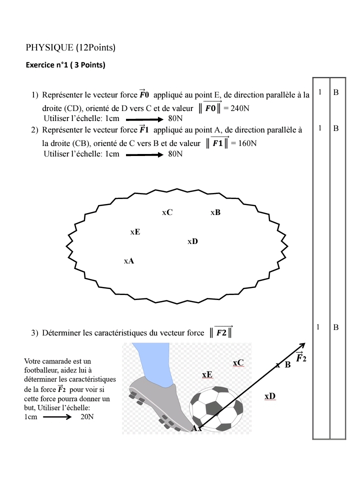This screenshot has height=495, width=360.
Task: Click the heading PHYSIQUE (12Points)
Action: tap(70, 48)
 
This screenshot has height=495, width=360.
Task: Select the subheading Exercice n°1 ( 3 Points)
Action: tap(65, 65)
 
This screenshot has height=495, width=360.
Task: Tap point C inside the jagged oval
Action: tap(167, 212)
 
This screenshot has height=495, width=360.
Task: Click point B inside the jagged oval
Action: tap(215, 212)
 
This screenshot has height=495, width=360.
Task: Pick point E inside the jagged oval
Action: tap(135, 232)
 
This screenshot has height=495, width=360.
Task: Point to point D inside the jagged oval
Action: tap(192, 241)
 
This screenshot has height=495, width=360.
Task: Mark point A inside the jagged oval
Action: tap(128, 261)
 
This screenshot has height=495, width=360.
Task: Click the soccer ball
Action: tap(217, 407)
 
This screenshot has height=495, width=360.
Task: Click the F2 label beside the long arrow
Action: tap(300, 358)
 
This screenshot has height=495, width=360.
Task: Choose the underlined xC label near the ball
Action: tap(238, 362)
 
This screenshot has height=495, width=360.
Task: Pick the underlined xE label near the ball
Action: tap(207, 374)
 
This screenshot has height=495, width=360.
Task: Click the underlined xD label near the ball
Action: tap(269, 396)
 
